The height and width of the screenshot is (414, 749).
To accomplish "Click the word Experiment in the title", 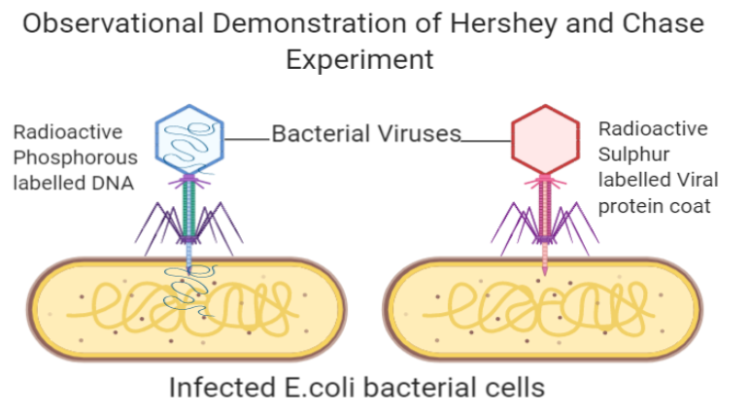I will pos(359,59).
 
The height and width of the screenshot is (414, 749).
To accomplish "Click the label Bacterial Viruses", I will pos(366,134).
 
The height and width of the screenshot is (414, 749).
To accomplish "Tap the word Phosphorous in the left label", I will pos(76,157).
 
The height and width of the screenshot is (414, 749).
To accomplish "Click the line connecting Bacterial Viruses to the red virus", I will pos(486,141).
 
